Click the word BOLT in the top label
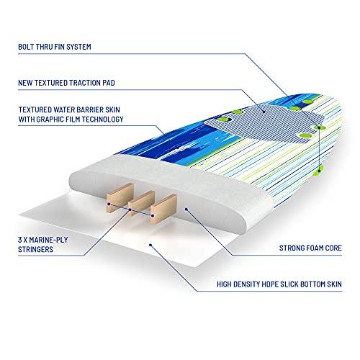coord(26,47)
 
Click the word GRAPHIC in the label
coord(50,120)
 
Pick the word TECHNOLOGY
coord(104,120)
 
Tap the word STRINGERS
coord(35,249)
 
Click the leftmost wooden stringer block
coord(120,197)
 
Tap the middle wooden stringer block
coord(141,203)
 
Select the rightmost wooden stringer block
coord(163,209)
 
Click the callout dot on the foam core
coord(186,210)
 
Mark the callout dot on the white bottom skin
coord(150,245)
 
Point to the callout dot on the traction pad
coord(264,112)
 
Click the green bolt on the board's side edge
coord(319,170)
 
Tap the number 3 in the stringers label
coord(19,240)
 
